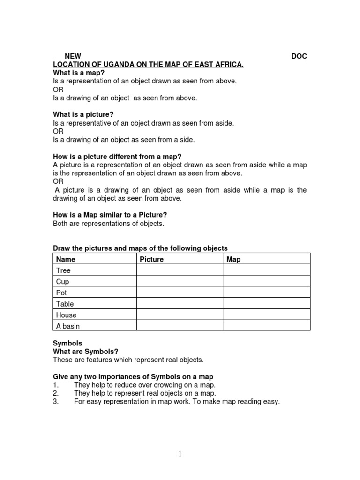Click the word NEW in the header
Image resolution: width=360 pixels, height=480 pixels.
click(x=73, y=56)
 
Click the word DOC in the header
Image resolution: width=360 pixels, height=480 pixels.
click(x=299, y=56)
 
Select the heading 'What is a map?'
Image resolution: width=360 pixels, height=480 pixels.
click(x=79, y=73)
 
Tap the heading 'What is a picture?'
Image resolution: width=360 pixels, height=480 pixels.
click(x=83, y=114)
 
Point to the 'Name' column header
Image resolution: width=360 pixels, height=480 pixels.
click(x=66, y=259)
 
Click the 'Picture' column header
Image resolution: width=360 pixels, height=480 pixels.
click(x=151, y=259)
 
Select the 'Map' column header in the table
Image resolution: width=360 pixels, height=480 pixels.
click(x=233, y=259)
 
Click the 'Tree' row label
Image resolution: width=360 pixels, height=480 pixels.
click(x=63, y=270)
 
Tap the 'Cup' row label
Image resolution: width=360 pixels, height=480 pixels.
click(x=62, y=282)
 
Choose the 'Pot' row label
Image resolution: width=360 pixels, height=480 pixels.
click(x=61, y=293)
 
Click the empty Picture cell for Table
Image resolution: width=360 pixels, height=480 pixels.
click(x=180, y=304)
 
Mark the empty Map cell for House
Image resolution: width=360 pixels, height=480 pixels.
click(x=266, y=315)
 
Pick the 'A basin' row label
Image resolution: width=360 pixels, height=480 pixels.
click(x=68, y=326)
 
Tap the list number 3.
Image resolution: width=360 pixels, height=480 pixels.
click(x=56, y=402)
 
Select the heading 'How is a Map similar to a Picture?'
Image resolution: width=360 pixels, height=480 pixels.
click(x=110, y=215)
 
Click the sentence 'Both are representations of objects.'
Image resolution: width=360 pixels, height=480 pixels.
click(x=109, y=223)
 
